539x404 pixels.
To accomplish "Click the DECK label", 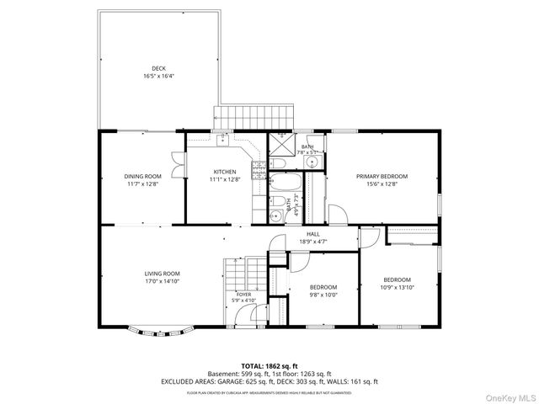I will point(158,68).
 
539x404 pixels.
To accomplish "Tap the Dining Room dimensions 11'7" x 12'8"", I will point(142,183).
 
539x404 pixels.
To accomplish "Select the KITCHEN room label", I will point(223,172).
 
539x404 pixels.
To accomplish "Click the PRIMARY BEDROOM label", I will point(382,176).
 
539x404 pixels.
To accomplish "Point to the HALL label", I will point(312,234).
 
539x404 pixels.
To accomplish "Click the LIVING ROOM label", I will point(162,274).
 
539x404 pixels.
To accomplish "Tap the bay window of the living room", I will point(158,332).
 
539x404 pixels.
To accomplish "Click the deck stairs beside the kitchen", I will point(256,116).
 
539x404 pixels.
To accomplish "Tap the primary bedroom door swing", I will point(334,215).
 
